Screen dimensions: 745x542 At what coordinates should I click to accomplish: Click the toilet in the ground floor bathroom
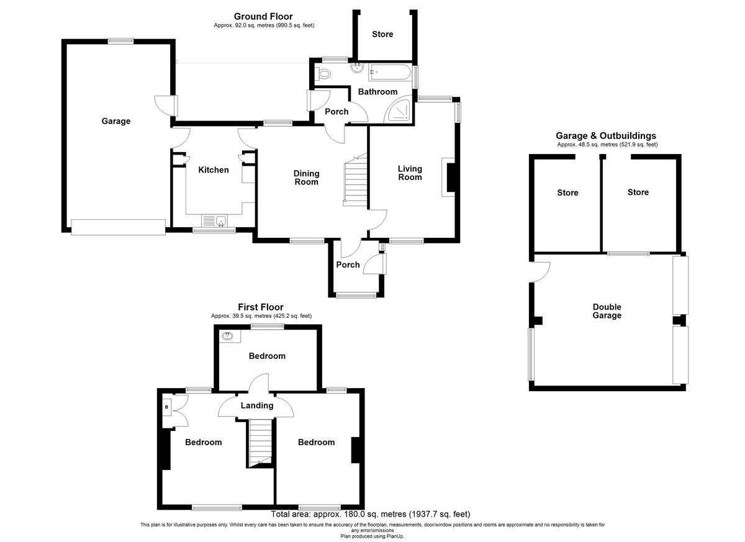(x=322, y=73)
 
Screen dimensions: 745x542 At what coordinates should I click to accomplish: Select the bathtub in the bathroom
(x=389, y=72)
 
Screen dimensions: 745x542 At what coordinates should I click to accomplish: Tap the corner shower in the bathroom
(x=398, y=111)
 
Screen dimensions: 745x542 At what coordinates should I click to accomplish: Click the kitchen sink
(x=215, y=221)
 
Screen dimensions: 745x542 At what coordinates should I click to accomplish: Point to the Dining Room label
(x=306, y=178)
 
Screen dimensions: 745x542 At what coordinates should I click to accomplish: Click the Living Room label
(x=410, y=173)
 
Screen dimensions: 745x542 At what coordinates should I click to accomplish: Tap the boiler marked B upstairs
(x=166, y=407)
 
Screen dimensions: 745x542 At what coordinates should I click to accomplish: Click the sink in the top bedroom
(x=229, y=336)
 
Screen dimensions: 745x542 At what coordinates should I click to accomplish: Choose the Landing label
(x=257, y=405)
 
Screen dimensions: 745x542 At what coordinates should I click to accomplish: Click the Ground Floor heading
(x=263, y=16)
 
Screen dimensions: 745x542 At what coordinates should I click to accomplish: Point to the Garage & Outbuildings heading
(x=606, y=136)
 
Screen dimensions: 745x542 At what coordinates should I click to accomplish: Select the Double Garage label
(x=607, y=311)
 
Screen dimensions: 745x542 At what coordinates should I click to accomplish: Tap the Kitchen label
(x=214, y=170)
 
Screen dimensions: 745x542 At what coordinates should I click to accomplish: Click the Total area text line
(x=371, y=515)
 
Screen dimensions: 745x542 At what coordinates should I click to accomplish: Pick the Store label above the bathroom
(x=382, y=34)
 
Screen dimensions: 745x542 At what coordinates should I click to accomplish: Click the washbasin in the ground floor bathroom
(x=357, y=68)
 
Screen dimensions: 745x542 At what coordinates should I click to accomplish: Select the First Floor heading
(x=261, y=307)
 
